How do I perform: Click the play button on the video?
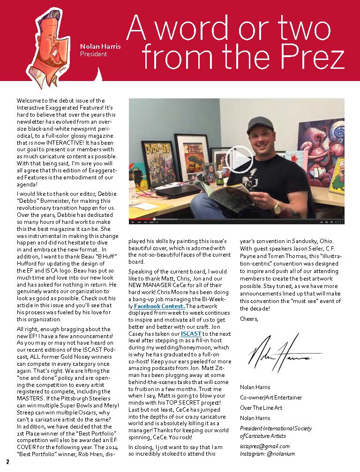[239, 160]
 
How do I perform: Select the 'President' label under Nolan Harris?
[94, 54]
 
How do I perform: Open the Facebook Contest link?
[159, 306]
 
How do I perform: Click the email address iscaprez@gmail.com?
[264, 446]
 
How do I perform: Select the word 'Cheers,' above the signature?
[249, 319]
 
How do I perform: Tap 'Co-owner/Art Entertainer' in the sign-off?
[270, 397]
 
